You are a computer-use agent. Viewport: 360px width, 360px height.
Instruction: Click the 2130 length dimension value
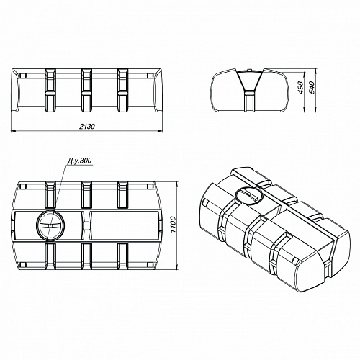87,126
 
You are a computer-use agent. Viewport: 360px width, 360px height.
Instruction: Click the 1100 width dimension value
173,225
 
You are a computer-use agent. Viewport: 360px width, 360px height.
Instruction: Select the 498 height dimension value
302,88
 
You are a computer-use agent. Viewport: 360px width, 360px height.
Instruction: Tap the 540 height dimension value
311,87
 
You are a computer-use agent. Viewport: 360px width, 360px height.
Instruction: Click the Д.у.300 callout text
79,161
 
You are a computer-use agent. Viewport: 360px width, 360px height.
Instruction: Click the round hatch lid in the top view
51,225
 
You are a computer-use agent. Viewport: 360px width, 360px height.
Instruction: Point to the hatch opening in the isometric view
248,195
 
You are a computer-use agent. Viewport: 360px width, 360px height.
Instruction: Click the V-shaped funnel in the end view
249,81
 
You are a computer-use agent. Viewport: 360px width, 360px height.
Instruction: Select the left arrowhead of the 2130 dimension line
14,131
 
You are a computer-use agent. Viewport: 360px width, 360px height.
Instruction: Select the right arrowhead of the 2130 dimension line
160,131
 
